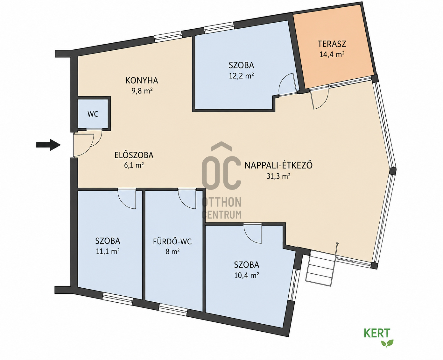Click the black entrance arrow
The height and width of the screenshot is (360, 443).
pos(48,145)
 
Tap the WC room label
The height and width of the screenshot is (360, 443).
pos(93,114)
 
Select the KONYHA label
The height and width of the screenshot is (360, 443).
pos(142,81)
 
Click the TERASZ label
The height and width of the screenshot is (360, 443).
pos(332,44)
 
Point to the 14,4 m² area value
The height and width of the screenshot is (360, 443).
pos(332,54)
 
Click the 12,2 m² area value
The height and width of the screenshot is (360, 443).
pos(241,76)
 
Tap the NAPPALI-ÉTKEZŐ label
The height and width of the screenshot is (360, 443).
pos(278,165)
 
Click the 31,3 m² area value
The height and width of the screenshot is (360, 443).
pos(278,176)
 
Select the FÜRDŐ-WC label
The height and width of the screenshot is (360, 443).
pos(172,241)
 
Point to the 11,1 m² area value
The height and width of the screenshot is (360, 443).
pos(108,251)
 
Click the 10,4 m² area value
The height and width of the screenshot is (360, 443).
pos(246,276)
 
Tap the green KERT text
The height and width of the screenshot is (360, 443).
pos(377,333)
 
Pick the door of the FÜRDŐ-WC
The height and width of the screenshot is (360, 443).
pos(187,199)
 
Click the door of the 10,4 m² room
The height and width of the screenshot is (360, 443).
pos(253,234)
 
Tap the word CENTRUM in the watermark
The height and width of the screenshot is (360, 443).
pos(222,214)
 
